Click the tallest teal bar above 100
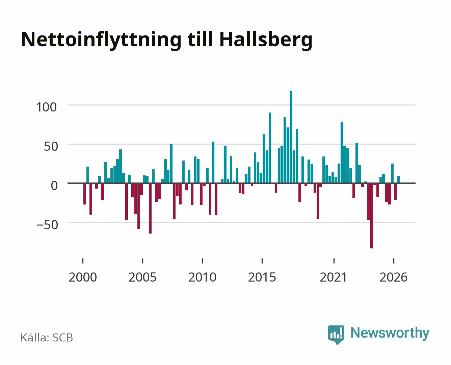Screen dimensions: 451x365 click(x=291, y=137)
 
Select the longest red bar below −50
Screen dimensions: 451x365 click(x=371, y=216)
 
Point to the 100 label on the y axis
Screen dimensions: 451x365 click(x=47, y=107)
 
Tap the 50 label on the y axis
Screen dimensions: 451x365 click(x=51, y=146)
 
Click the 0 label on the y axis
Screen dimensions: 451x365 click(x=54, y=186)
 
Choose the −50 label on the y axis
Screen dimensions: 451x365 click(x=47, y=225)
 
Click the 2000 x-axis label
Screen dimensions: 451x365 click(x=83, y=277)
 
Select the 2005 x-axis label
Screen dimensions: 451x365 click(x=142, y=277)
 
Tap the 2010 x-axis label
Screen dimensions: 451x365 click(x=202, y=277)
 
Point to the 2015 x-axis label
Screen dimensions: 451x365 click(x=262, y=277)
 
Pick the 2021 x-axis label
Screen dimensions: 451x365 click(x=334, y=277)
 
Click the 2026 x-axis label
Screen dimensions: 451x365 click(x=393, y=277)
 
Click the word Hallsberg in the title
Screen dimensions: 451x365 click(x=266, y=40)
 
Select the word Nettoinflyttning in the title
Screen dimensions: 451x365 click(x=101, y=40)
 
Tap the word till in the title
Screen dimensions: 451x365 click(x=200, y=40)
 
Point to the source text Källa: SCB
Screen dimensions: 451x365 click(x=47, y=337)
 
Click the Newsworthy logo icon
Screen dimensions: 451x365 click(x=336, y=335)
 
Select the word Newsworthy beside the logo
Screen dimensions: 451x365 click(x=390, y=333)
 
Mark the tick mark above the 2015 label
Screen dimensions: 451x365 click(x=262, y=261)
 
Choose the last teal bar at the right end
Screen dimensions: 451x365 click(x=398, y=179)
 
